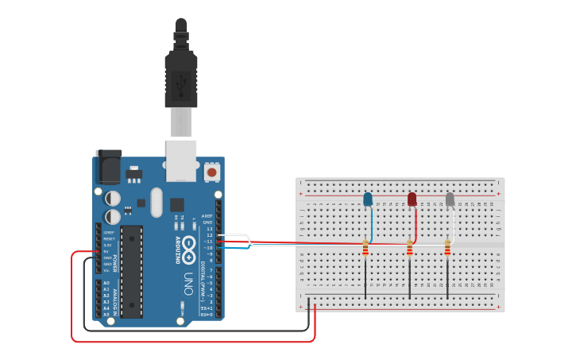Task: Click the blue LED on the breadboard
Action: (368, 199)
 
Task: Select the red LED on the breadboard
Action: (412, 199)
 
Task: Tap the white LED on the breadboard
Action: (450, 199)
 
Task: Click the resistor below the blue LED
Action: (365, 250)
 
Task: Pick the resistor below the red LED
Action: (410, 250)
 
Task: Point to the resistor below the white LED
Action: (447, 250)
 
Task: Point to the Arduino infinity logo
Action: (189, 249)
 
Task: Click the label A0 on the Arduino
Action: (106, 283)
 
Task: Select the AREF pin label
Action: (207, 215)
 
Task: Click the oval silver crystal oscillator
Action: (157, 202)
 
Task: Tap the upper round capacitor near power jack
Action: (114, 198)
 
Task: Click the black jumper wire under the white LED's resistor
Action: (447, 278)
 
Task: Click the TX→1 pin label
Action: (206, 308)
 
